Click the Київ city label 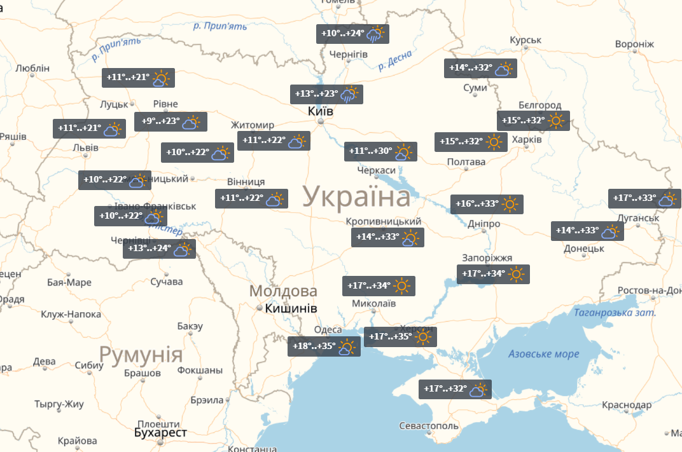(320, 111)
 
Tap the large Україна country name (356, 197)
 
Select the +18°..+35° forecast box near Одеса (323, 346)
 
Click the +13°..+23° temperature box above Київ (326, 94)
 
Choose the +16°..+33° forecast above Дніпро (487, 204)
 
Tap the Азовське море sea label (543, 354)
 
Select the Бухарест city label (160, 433)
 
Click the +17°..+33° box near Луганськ (644, 198)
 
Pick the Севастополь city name (428, 425)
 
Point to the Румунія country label (141, 354)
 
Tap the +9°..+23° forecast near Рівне (170, 121)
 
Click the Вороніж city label (634, 44)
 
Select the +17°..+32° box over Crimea (456, 389)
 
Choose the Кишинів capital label (291, 308)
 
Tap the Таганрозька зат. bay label (615, 313)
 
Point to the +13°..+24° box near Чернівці (158, 249)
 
